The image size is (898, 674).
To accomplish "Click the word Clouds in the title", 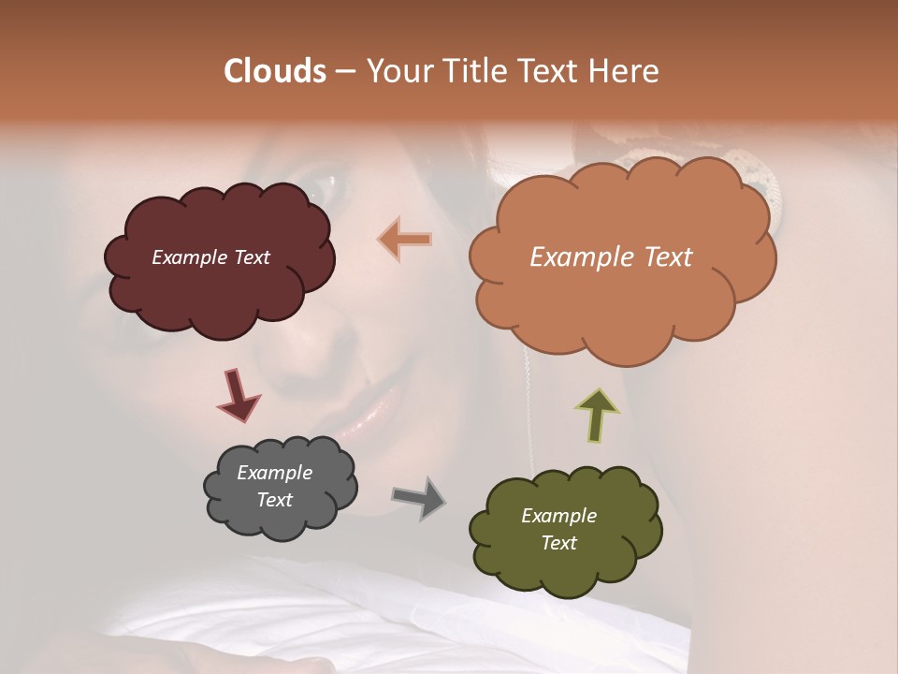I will (274, 71).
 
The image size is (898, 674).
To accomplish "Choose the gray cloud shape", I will (279, 487).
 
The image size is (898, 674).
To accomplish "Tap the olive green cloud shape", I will (565, 529).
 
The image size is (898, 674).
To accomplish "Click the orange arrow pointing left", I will (405, 239).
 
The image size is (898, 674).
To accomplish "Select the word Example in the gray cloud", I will (274, 473).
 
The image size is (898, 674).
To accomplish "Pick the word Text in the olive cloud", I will (559, 543).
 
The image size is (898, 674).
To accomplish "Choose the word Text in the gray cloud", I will (274, 500).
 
